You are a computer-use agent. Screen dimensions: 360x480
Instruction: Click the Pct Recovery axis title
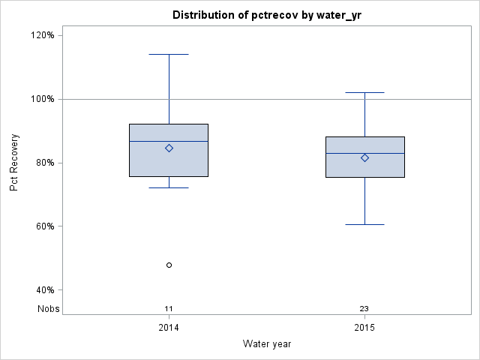coord(14,163)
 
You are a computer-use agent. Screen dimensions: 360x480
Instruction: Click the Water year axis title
coord(266,344)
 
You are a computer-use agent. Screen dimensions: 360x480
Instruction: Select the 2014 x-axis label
coord(169,328)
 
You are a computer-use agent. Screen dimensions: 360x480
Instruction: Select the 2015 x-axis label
coord(364,328)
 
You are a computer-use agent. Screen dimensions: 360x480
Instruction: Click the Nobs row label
coord(49,308)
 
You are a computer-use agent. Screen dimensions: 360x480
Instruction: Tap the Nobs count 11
coord(169,308)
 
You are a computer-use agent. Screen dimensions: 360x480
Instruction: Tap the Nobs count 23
coord(364,308)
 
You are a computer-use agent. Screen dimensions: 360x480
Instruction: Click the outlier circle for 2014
coord(169,265)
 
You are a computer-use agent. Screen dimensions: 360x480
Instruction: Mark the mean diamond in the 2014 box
coord(169,148)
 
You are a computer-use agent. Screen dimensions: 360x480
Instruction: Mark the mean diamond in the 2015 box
coord(364,157)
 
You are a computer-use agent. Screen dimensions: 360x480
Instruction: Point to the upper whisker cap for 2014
coord(169,54)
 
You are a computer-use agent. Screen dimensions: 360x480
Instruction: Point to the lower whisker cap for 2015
coord(364,224)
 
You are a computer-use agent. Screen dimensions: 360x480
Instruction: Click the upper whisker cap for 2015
coord(364,92)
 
